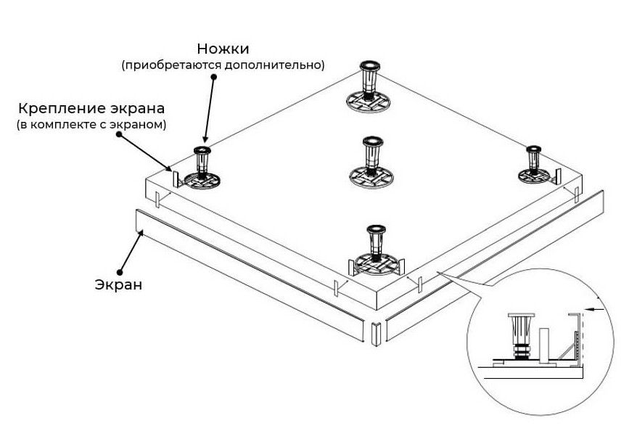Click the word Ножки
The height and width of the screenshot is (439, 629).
(223, 49)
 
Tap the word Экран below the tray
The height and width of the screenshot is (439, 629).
(118, 284)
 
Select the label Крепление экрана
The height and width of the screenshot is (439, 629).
(91, 108)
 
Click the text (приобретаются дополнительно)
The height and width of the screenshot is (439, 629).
(223, 65)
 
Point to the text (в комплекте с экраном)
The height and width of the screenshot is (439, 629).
(91, 125)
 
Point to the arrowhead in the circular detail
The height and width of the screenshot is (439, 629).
(588, 309)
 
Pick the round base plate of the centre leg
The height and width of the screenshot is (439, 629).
(372, 176)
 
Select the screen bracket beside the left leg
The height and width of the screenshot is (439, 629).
(175, 176)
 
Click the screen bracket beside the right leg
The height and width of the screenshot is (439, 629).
(557, 176)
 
